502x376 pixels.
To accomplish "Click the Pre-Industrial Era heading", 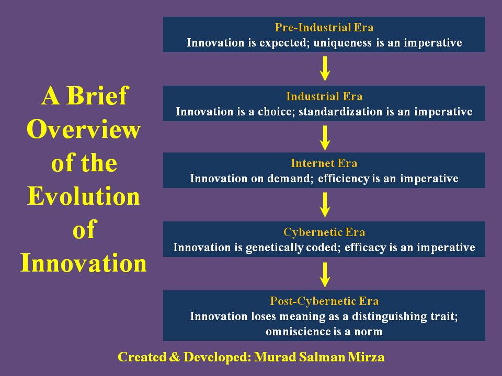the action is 324,28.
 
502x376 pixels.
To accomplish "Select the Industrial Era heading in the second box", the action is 324,96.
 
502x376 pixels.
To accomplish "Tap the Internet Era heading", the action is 324,163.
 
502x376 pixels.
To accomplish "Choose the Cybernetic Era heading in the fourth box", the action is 324,232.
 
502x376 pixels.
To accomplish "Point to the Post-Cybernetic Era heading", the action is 324,301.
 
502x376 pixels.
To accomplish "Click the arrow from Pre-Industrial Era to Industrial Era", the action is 325,68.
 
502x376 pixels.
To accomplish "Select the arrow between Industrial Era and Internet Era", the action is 325,138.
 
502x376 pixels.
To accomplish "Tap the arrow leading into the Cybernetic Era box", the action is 325,205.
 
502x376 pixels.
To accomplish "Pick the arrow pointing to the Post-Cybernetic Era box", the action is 325,275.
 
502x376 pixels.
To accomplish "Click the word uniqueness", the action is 343,43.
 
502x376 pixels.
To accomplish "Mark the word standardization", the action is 340,112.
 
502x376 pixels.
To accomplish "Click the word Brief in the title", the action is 97,96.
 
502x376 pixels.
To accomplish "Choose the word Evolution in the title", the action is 84,196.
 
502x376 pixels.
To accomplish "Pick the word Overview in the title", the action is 84,130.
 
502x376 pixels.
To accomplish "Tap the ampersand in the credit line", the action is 175,357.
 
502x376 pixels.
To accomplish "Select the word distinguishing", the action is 390,316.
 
